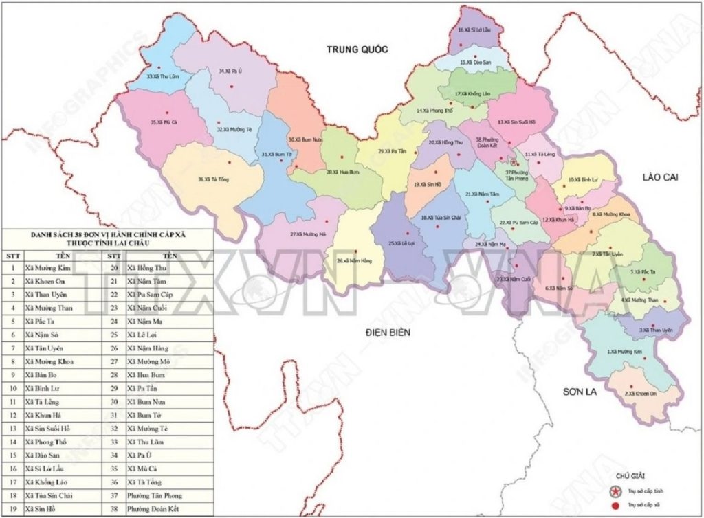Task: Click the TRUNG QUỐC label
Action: pos(357,49)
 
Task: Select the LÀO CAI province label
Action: pos(660,177)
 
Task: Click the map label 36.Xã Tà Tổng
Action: pos(213,180)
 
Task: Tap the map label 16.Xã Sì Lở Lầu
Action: pos(476,30)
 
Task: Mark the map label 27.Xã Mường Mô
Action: pos(307,235)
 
